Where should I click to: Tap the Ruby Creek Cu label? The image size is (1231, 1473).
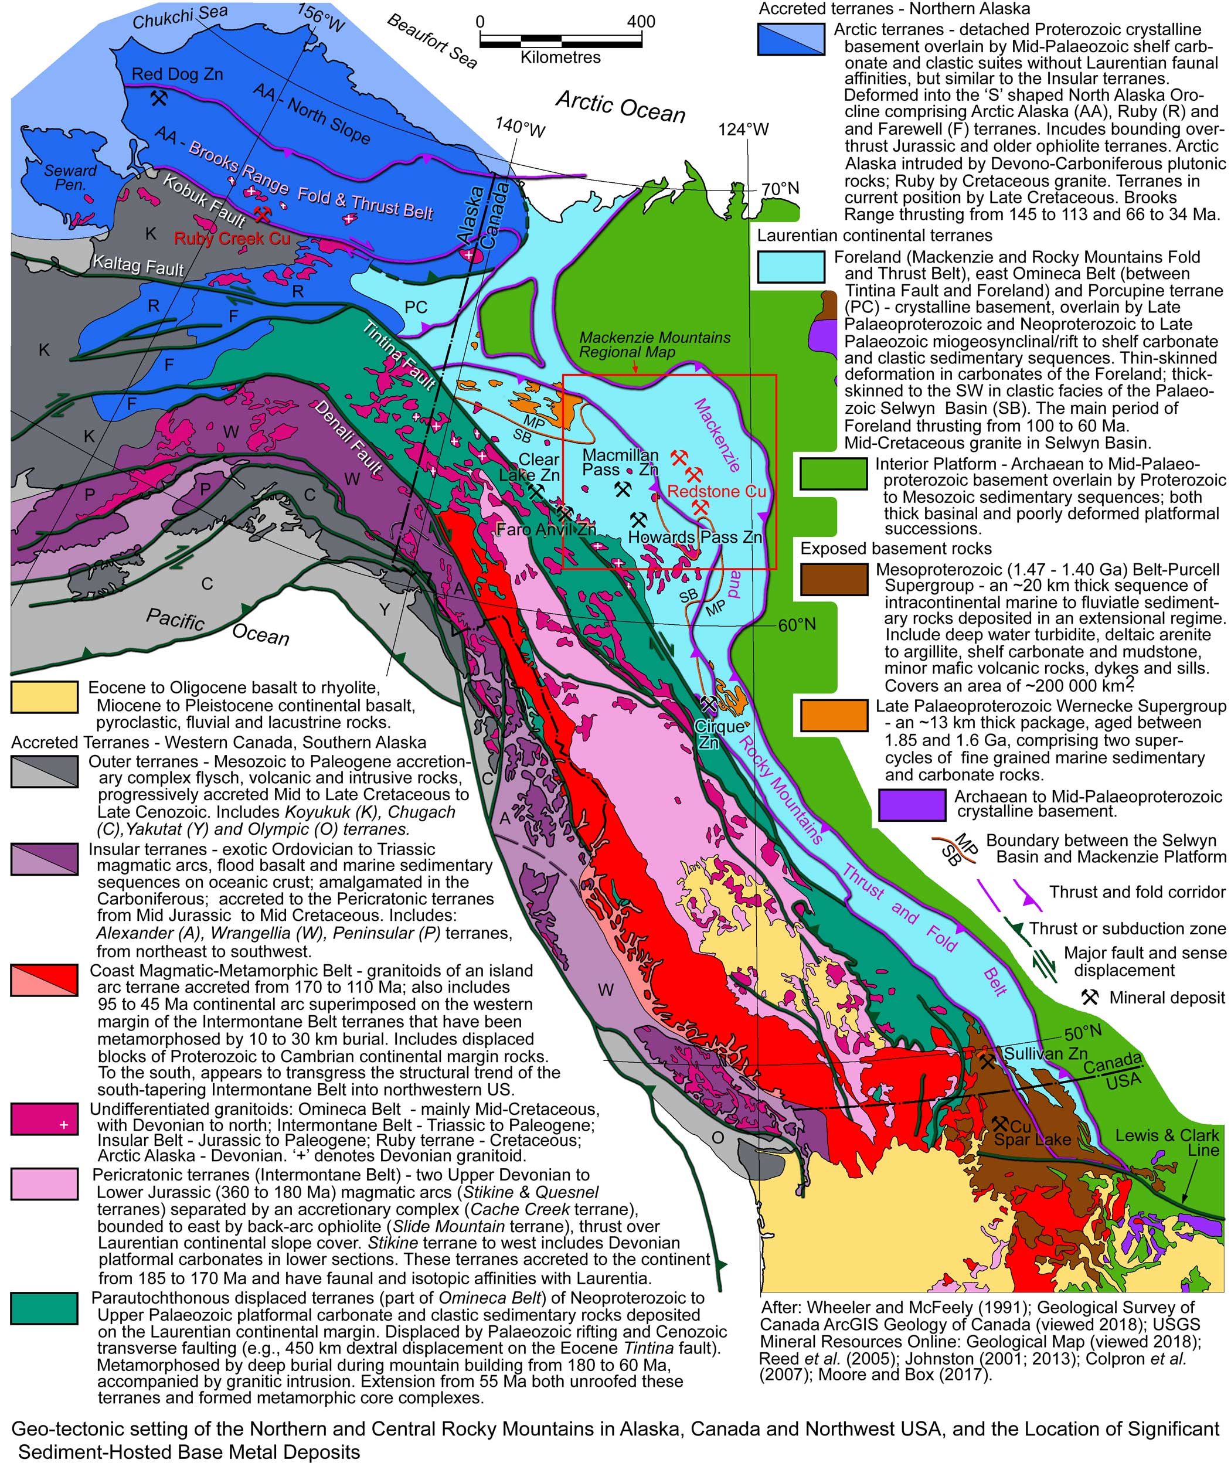click(x=232, y=239)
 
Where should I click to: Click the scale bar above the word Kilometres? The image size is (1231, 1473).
click(x=560, y=40)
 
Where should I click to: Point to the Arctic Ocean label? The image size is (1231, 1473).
click(x=620, y=107)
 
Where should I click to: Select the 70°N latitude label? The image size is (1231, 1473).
click(x=780, y=189)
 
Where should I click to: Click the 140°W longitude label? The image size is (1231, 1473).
click(x=520, y=126)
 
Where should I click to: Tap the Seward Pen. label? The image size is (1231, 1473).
click(x=70, y=177)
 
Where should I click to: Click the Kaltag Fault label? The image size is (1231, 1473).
click(x=138, y=266)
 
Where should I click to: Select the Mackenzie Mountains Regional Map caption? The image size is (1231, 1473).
click(x=654, y=345)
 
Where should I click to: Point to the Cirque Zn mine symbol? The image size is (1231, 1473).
click(x=709, y=702)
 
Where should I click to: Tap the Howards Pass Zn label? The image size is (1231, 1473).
click(x=695, y=538)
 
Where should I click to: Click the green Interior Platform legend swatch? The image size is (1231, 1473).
click(x=834, y=474)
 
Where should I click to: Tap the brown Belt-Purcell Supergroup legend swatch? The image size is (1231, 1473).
click(x=834, y=579)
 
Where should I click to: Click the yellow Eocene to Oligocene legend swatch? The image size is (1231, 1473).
click(x=44, y=696)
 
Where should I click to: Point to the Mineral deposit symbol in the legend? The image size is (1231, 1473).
click(x=1089, y=996)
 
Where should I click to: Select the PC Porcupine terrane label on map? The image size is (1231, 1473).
click(x=416, y=307)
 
